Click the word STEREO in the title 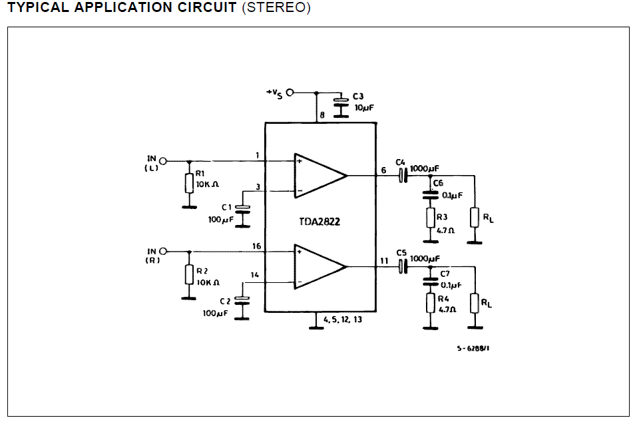[276, 8]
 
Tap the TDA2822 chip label [319, 222]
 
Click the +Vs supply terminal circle [290, 93]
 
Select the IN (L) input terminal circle [163, 161]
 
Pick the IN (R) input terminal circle [163, 252]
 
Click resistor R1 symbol [189, 184]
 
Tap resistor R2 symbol [189, 274]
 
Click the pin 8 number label [322, 115]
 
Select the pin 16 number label [257, 246]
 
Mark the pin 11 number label [384, 261]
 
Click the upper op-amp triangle [320, 176]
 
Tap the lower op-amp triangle [320, 267]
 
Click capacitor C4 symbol [403, 176]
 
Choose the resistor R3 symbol [431, 218]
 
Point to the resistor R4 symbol [431, 304]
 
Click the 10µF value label [364, 108]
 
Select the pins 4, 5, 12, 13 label [343, 319]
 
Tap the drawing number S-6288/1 [473, 348]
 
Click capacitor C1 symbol [243, 209]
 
